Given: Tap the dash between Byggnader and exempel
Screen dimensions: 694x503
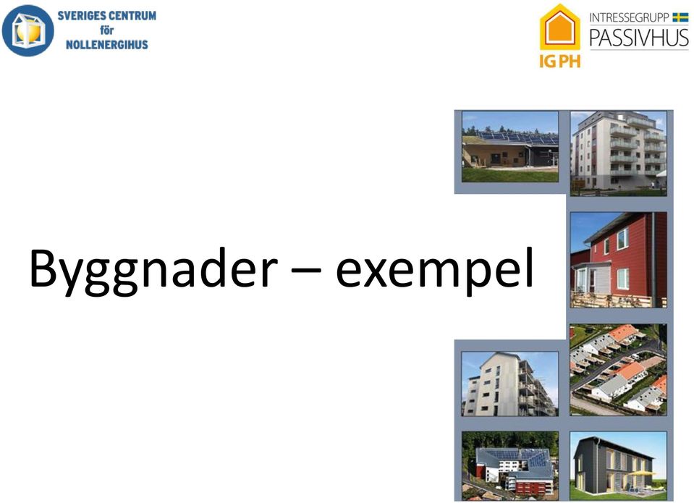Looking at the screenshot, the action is pyautogui.click(x=306, y=269).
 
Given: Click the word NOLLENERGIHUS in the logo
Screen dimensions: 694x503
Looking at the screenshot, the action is pyautogui.click(x=106, y=44).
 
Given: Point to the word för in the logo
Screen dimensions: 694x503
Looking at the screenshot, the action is pyautogui.click(x=106, y=30).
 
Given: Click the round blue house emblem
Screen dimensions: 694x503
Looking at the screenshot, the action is pyautogui.click(x=28, y=30).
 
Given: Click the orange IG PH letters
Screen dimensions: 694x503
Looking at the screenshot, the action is pyautogui.click(x=560, y=61).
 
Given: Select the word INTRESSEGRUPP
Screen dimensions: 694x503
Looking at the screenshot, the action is pyautogui.click(x=629, y=17).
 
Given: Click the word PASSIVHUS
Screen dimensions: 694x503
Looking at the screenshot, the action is pyautogui.click(x=639, y=38).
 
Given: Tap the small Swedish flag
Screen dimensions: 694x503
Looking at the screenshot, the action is pyautogui.click(x=680, y=17).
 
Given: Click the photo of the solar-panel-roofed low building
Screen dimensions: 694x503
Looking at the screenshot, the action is pyautogui.click(x=510, y=147).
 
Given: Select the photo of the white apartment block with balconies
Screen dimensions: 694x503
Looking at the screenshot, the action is pyautogui.click(x=618, y=153).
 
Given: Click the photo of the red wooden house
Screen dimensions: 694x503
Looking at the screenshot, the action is pyautogui.click(x=618, y=260).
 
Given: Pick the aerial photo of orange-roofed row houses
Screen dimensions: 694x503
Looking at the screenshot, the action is pyautogui.click(x=618, y=370).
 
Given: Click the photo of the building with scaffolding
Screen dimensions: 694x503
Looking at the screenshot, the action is pyautogui.click(x=510, y=384).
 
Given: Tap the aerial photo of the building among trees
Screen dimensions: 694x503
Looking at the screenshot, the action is pyautogui.click(x=510, y=466).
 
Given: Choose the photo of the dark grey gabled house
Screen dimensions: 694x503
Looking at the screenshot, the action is pyautogui.click(x=618, y=466).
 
